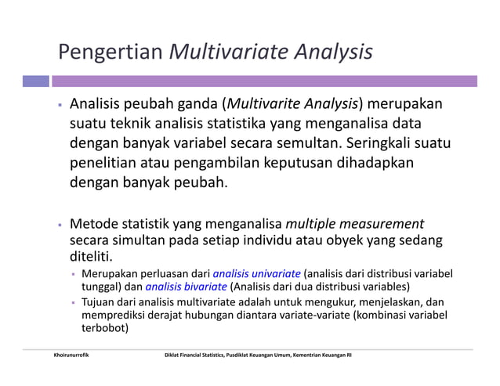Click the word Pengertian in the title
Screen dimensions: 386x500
(x=111, y=53)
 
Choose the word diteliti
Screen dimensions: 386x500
(x=92, y=257)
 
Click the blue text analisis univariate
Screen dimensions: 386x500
(x=257, y=274)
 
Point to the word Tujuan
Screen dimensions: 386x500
(x=100, y=301)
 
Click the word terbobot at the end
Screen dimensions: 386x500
(x=105, y=329)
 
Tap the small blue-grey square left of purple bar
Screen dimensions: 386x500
(x=35, y=81)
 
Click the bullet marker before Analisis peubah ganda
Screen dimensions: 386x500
(x=59, y=105)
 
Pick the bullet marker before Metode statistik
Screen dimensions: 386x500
(x=59, y=224)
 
